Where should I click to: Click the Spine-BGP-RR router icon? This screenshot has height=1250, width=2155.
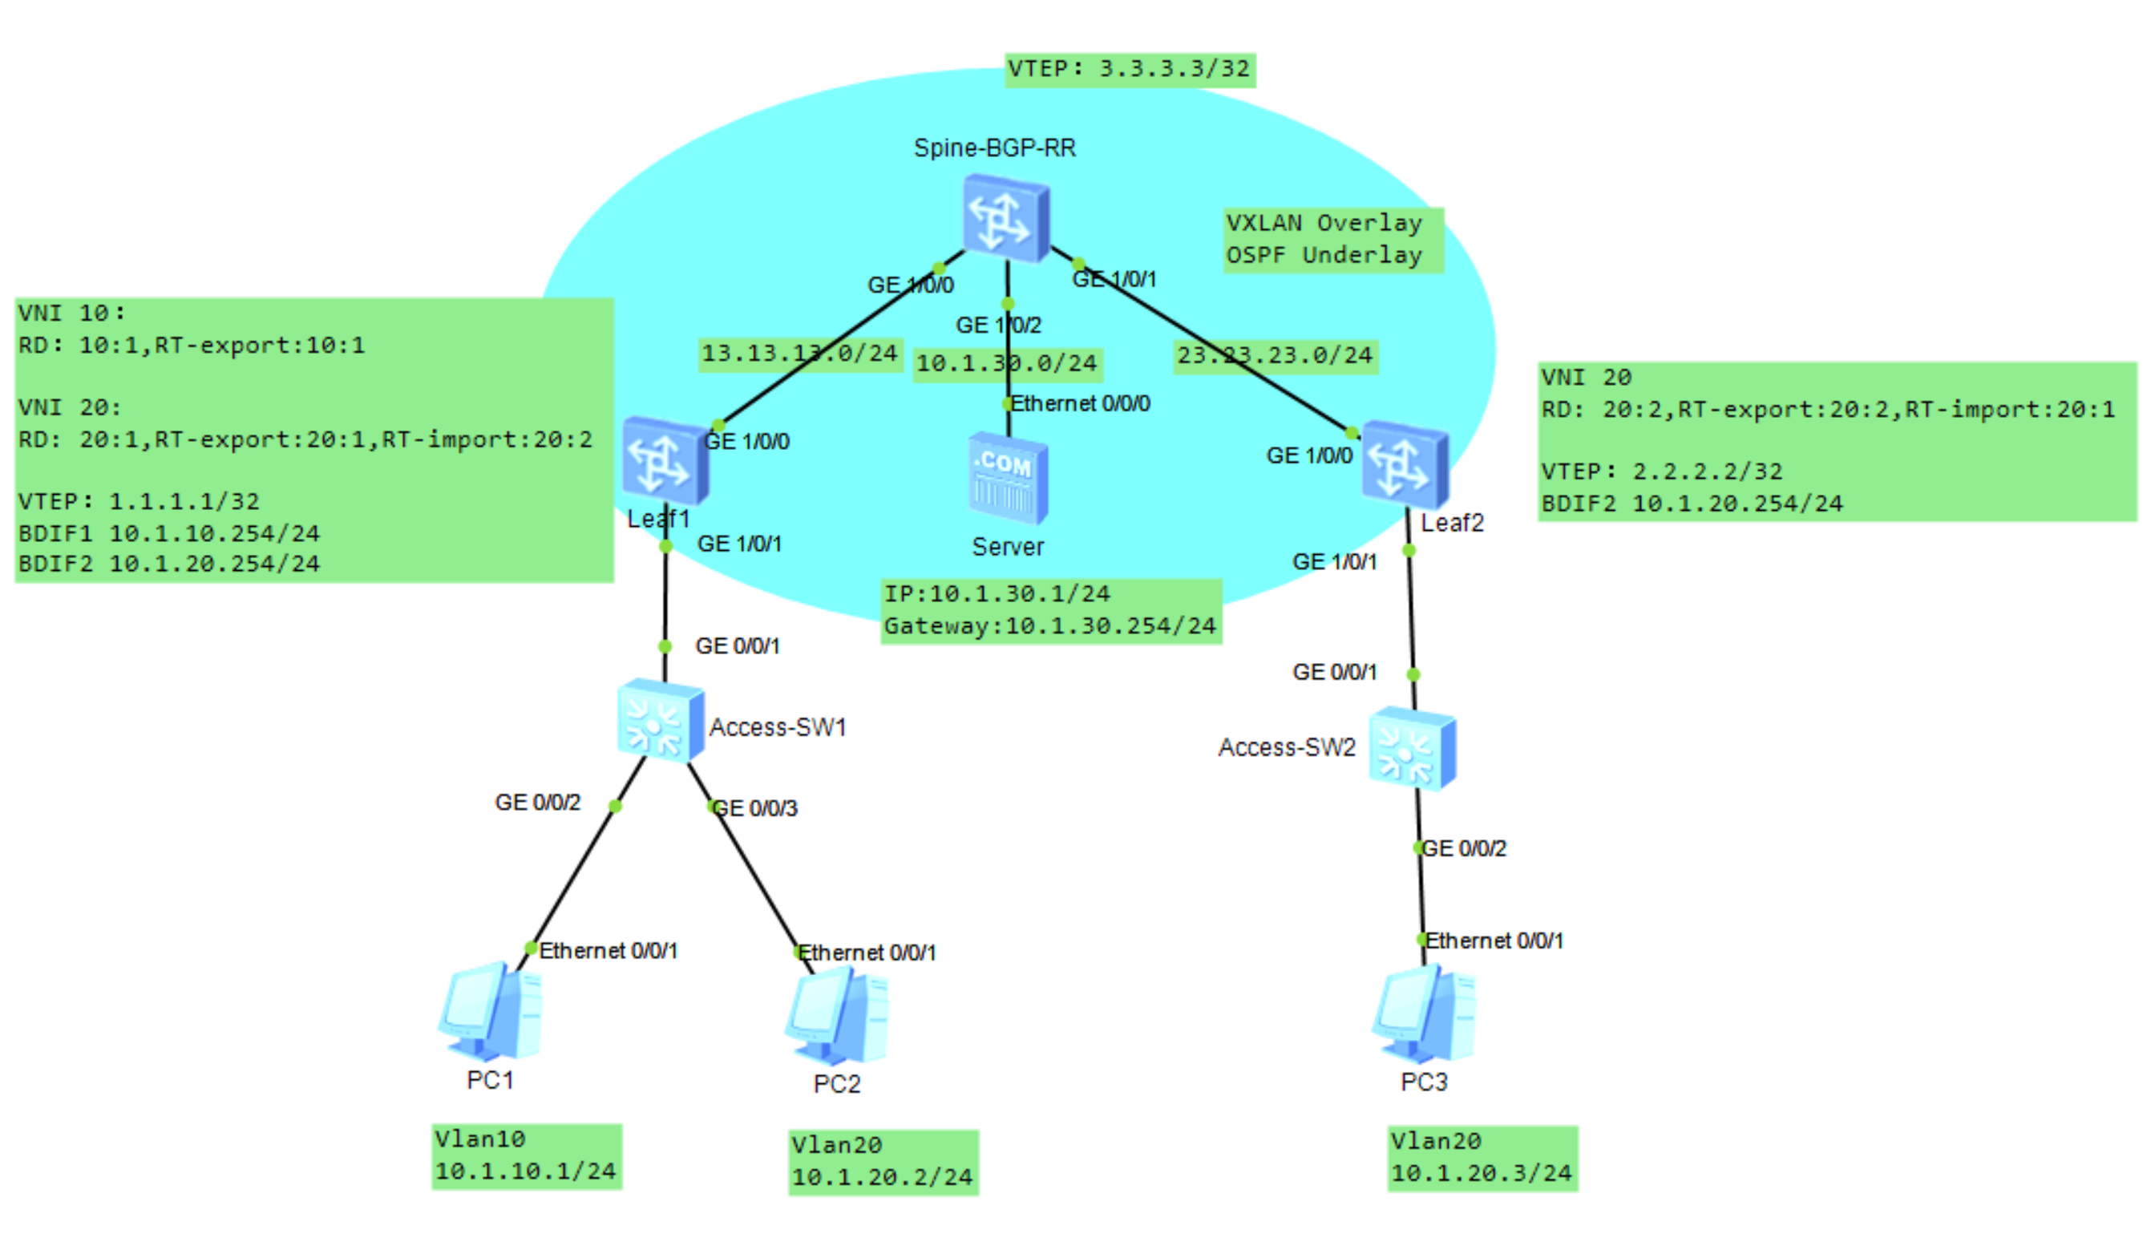(1005, 219)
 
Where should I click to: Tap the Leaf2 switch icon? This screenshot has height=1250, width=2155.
(1405, 465)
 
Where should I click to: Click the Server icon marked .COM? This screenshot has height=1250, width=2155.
(1008, 479)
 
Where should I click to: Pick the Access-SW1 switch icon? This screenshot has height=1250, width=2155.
(660, 720)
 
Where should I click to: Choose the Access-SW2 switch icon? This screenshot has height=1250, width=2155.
(1412, 749)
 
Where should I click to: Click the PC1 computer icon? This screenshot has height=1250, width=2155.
(491, 1013)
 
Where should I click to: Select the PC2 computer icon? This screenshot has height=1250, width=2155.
(837, 1017)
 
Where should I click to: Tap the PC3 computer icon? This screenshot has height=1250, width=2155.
(1424, 1014)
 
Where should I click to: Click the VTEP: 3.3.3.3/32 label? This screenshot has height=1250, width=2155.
(1130, 68)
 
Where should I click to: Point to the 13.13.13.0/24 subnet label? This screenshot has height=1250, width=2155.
(799, 353)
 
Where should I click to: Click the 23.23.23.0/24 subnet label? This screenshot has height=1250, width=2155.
(1274, 356)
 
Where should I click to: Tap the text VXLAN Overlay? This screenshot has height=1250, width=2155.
(1324, 223)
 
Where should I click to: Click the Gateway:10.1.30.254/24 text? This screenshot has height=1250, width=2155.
(1050, 627)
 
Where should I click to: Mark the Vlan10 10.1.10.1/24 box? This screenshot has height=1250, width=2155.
(527, 1156)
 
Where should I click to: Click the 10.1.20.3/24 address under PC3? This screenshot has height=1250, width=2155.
(1481, 1174)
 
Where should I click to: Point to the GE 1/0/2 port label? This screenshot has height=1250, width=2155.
(998, 326)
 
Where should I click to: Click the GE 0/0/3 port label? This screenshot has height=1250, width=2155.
(755, 809)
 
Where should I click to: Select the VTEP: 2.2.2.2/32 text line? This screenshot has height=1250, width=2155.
(1662, 472)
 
